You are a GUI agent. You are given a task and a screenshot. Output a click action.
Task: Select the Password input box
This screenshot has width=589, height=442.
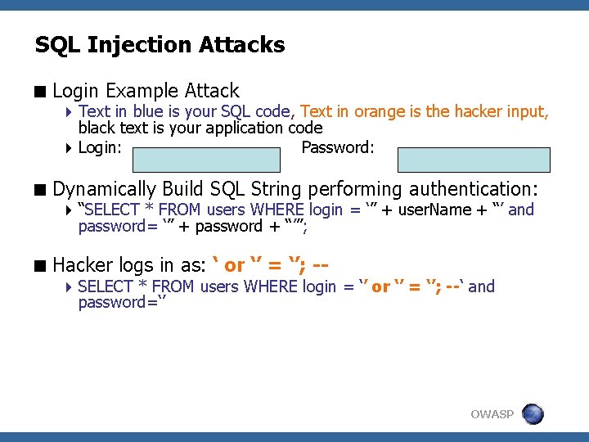pos(474,159)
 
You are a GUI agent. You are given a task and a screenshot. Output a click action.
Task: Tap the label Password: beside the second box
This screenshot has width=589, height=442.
pos(337,148)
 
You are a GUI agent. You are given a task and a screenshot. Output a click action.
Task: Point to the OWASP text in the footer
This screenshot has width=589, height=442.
pos(492,414)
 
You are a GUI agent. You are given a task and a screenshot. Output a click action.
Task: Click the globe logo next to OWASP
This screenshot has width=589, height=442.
pos(533,413)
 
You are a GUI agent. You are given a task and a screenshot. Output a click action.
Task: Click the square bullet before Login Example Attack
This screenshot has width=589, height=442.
pos(40,92)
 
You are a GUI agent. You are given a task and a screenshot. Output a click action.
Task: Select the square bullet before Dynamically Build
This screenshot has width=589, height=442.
pos(40,189)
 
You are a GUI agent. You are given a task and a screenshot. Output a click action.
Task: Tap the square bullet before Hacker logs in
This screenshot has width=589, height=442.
pos(40,265)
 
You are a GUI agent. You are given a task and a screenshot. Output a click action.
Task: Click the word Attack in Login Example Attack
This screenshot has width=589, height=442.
pos(212,91)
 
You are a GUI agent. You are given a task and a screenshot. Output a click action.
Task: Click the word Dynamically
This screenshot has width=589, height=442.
pos(104,188)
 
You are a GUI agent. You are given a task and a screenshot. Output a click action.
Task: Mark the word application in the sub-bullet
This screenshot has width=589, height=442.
pos(245,128)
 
